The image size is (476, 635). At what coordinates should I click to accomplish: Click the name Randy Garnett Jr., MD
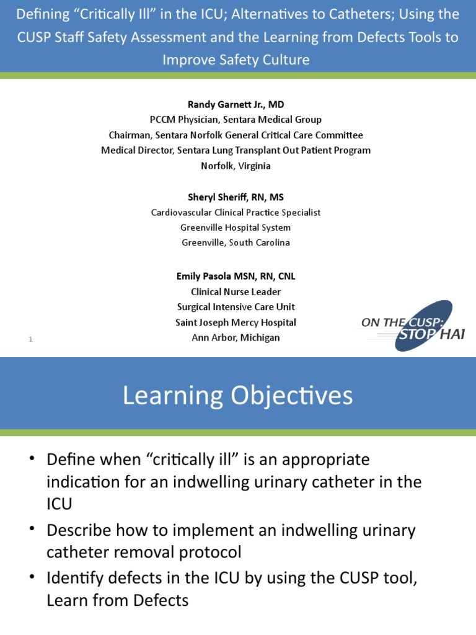(236, 105)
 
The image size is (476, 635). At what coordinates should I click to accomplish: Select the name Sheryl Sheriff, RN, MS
(236, 197)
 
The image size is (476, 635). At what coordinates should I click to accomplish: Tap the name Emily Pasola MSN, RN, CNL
(236, 277)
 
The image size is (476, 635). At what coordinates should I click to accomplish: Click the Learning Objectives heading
(237, 396)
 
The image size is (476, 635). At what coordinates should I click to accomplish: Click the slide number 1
(30, 339)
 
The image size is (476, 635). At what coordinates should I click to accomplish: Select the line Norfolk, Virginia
(236, 166)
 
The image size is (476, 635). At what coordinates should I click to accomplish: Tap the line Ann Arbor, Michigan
(236, 338)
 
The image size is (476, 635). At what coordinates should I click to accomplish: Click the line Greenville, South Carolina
(236, 242)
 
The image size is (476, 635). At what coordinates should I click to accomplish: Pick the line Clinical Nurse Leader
(236, 291)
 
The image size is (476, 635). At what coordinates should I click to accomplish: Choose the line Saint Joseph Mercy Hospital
(236, 322)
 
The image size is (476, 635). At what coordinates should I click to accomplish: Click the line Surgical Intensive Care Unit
(236, 307)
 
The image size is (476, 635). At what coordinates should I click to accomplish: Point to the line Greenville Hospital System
(236, 228)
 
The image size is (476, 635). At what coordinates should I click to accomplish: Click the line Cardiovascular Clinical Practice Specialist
(236, 213)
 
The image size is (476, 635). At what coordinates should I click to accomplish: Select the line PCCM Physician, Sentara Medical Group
(236, 120)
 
